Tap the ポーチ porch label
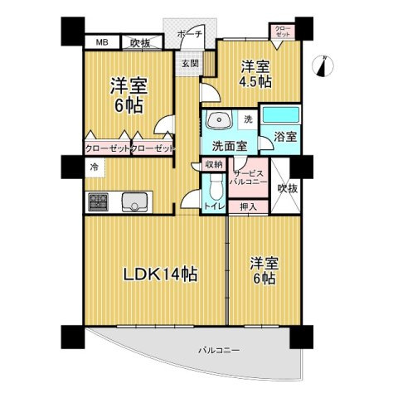(x=190, y=36)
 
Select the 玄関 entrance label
(x=189, y=63)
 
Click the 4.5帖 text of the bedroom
(x=256, y=82)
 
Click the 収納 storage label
(x=213, y=165)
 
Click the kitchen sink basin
(x=133, y=201)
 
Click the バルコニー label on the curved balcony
(x=219, y=351)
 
